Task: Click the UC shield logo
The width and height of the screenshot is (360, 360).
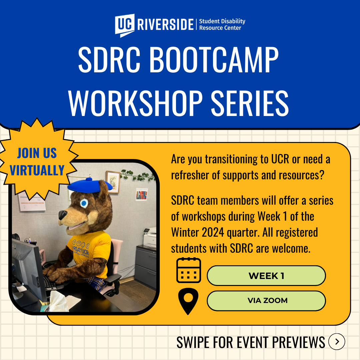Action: coord(125,25)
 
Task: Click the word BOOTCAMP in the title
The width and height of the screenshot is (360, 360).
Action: coord(214,60)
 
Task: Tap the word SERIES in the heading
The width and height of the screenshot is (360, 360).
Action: coord(250,103)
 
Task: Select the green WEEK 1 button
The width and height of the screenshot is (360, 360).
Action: coord(266,276)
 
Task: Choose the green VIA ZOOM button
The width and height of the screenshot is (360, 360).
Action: coord(266,301)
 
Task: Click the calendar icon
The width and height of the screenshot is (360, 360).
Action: coord(188,270)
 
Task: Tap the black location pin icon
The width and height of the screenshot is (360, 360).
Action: coord(188,301)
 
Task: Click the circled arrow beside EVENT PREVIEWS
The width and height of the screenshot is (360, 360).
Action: coord(337,342)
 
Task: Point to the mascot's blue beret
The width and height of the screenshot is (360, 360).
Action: coord(90,185)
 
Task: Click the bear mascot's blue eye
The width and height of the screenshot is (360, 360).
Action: coord(84,203)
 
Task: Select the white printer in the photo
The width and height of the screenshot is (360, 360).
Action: coord(149,237)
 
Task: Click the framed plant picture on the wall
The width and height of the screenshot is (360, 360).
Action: coord(113,182)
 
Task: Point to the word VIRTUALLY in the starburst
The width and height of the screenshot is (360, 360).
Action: coord(37,170)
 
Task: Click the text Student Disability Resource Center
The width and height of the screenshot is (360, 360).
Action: coord(222,25)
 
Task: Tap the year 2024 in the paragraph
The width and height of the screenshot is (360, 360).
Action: coord(213,232)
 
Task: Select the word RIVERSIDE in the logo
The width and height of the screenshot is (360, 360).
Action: coord(165,25)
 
